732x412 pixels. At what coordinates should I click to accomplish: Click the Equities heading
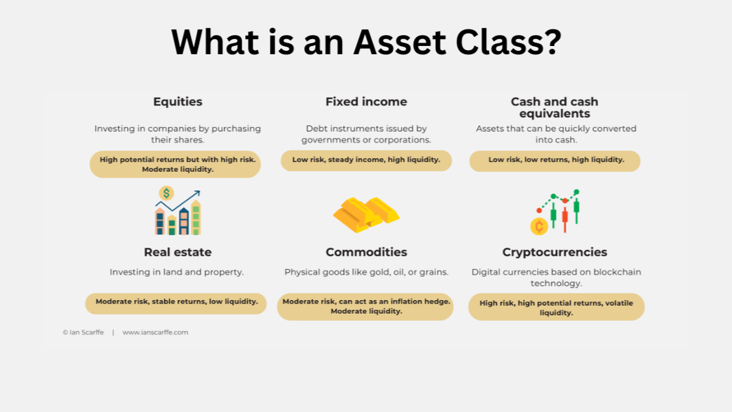click(x=178, y=102)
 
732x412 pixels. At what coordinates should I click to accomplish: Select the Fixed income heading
click(x=366, y=102)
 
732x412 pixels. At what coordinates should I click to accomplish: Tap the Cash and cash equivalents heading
click(x=555, y=107)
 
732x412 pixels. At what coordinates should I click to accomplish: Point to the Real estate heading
click(x=177, y=252)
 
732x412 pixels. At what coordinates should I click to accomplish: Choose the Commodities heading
click(x=367, y=252)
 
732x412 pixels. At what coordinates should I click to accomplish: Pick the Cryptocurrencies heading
click(x=555, y=253)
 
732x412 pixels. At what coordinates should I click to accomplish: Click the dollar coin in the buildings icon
click(x=166, y=193)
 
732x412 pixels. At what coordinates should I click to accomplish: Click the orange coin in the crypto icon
click(x=539, y=227)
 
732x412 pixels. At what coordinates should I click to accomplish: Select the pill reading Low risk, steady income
click(x=366, y=160)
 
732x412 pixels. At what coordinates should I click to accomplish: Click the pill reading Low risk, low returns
click(x=555, y=161)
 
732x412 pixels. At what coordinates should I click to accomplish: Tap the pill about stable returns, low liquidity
click(x=176, y=303)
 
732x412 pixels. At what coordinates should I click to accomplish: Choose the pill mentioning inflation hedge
click(x=365, y=306)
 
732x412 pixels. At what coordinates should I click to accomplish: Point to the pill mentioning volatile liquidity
click(x=556, y=306)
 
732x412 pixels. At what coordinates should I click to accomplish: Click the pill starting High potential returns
click(x=175, y=164)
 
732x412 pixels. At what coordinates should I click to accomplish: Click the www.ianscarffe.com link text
click(x=155, y=332)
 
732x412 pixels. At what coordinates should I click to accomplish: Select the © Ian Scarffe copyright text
click(x=83, y=332)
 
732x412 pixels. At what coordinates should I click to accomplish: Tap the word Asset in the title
click(x=400, y=42)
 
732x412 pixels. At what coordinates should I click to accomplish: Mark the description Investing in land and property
click(x=177, y=272)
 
